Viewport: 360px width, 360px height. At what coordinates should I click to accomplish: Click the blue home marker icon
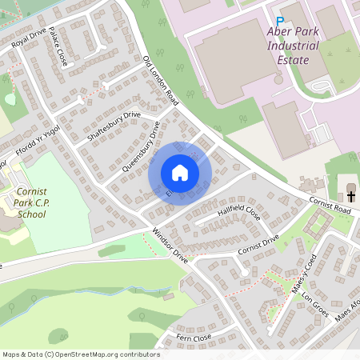[180, 173]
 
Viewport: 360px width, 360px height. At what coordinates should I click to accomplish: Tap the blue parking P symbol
[280, 22]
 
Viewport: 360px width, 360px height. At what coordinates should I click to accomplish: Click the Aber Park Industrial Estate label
[291, 46]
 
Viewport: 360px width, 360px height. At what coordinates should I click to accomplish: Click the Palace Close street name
[58, 46]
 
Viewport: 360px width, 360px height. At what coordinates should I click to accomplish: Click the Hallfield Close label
[238, 214]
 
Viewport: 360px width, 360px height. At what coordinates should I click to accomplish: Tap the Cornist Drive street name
[258, 245]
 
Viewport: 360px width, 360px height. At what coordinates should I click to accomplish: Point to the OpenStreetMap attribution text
[81, 354]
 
